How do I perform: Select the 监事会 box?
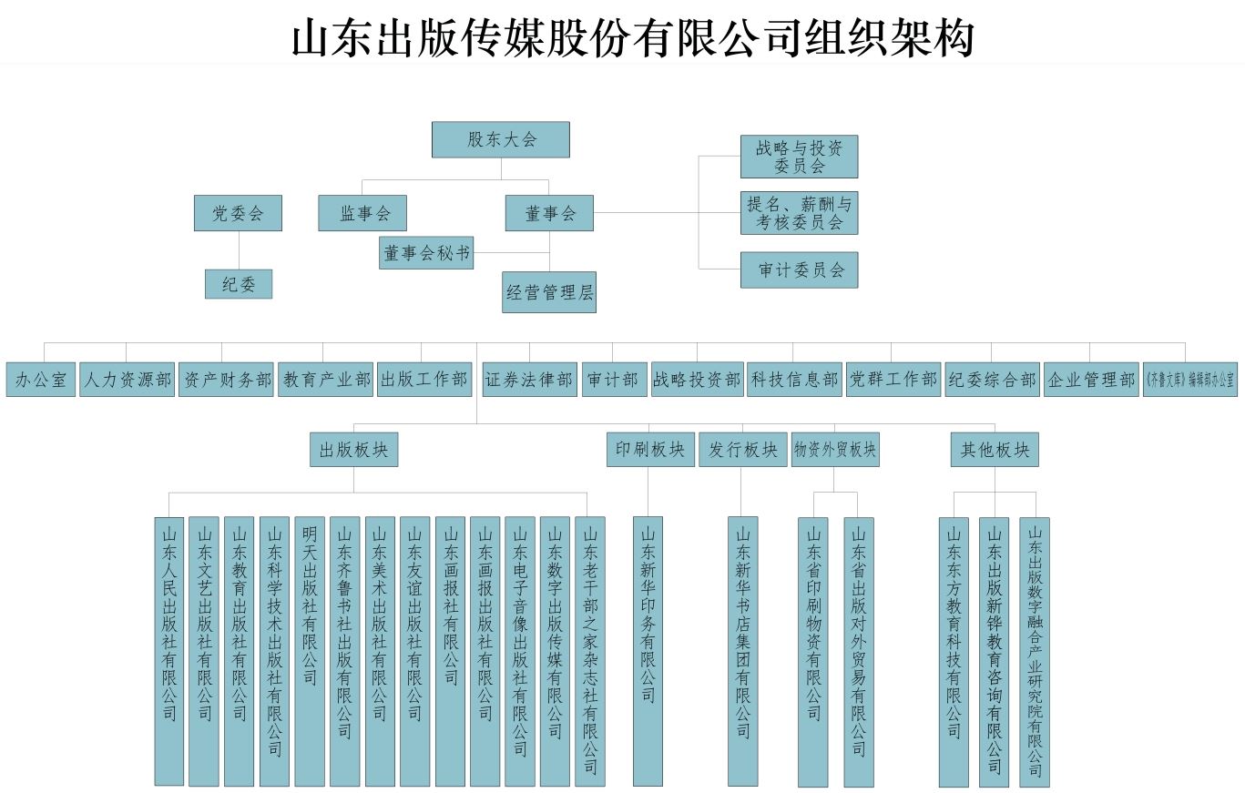click(x=362, y=213)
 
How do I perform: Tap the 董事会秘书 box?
click(x=426, y=253)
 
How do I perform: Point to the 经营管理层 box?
click(x=548, y=292)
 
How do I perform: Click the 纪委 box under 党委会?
click(x=239, y=284)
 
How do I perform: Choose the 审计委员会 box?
click(x=799, y=269)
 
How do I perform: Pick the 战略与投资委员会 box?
click(x=799, y=157)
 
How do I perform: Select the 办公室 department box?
click(x=41, y=380)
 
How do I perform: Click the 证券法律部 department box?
click(x=529, y=380)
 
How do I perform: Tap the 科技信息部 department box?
click(x=795, y=380)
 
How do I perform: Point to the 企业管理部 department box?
click(x=1090, y=380)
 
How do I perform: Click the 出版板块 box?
click(x=353, y=450)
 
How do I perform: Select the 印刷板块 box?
click(x=650, y=450)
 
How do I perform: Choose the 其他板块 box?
click(x=995, y=450)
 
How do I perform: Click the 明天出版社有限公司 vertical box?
click(x=310, y=651)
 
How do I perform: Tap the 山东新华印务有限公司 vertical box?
click(x=648, y=651)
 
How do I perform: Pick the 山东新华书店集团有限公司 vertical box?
click(x=742, y=651)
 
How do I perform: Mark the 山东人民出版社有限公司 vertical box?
click(x=169, y=651)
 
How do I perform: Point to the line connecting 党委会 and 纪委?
click(x=239, y=250)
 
